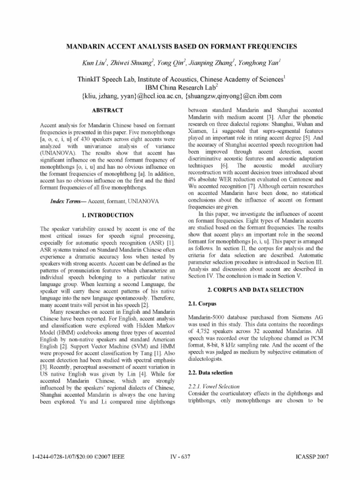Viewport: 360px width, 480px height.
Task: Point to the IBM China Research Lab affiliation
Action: [180, 88]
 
